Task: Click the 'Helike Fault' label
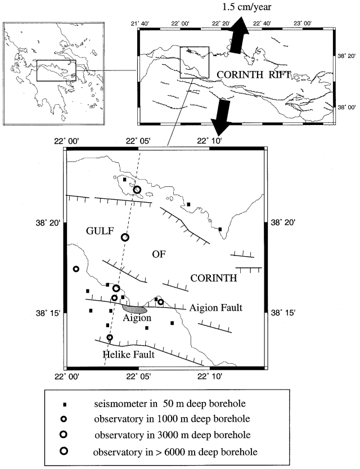[129, 355]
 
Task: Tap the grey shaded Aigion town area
[135, 309]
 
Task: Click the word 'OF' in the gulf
[160, 254]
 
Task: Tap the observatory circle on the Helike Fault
[110, 338]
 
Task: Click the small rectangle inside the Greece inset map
[56, 71]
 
